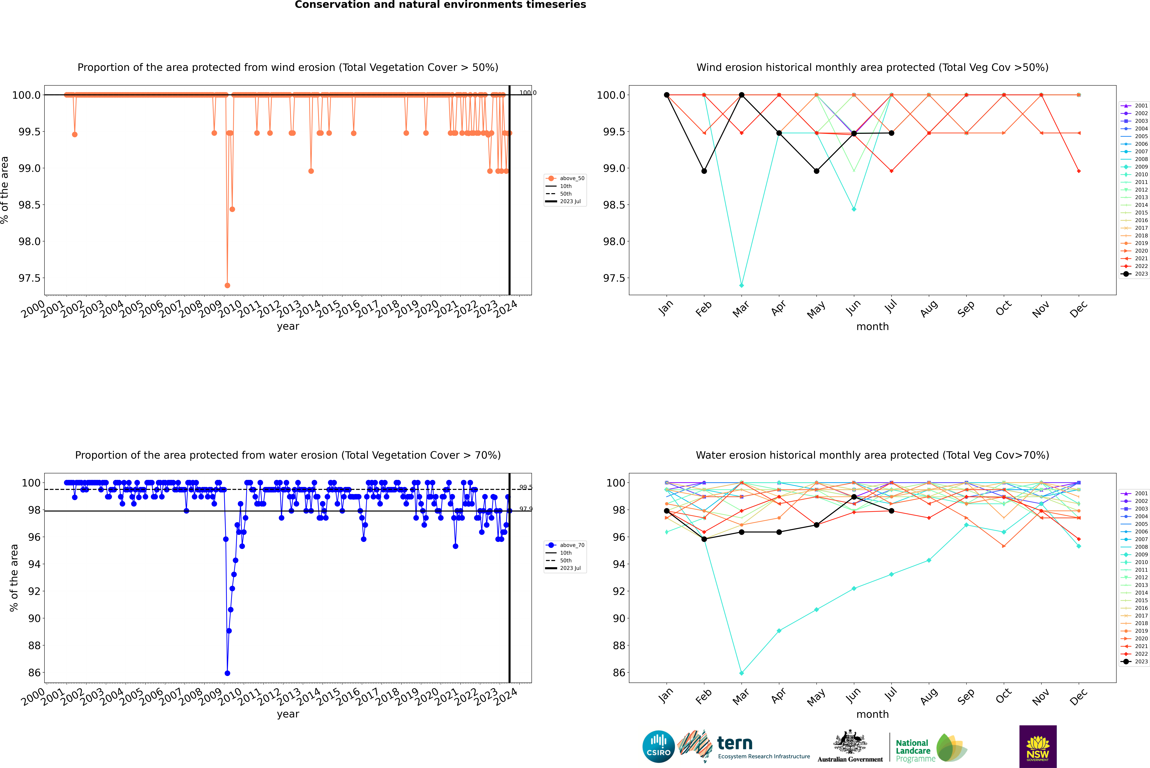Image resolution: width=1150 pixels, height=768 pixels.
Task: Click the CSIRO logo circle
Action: click(658, 746)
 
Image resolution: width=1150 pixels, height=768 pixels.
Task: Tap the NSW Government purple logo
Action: click(1038, 746)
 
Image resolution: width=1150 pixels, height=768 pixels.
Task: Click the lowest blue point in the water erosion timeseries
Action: click(227, 673)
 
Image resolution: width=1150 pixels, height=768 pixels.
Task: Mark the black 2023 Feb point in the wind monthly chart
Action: click(704, 171)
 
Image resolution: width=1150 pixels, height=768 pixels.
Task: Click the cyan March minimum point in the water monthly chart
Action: click(741, 673)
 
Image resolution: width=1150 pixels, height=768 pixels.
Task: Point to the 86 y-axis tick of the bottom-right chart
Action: click(618, 672)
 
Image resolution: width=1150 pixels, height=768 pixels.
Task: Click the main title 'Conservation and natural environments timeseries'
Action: click(440, 5)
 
